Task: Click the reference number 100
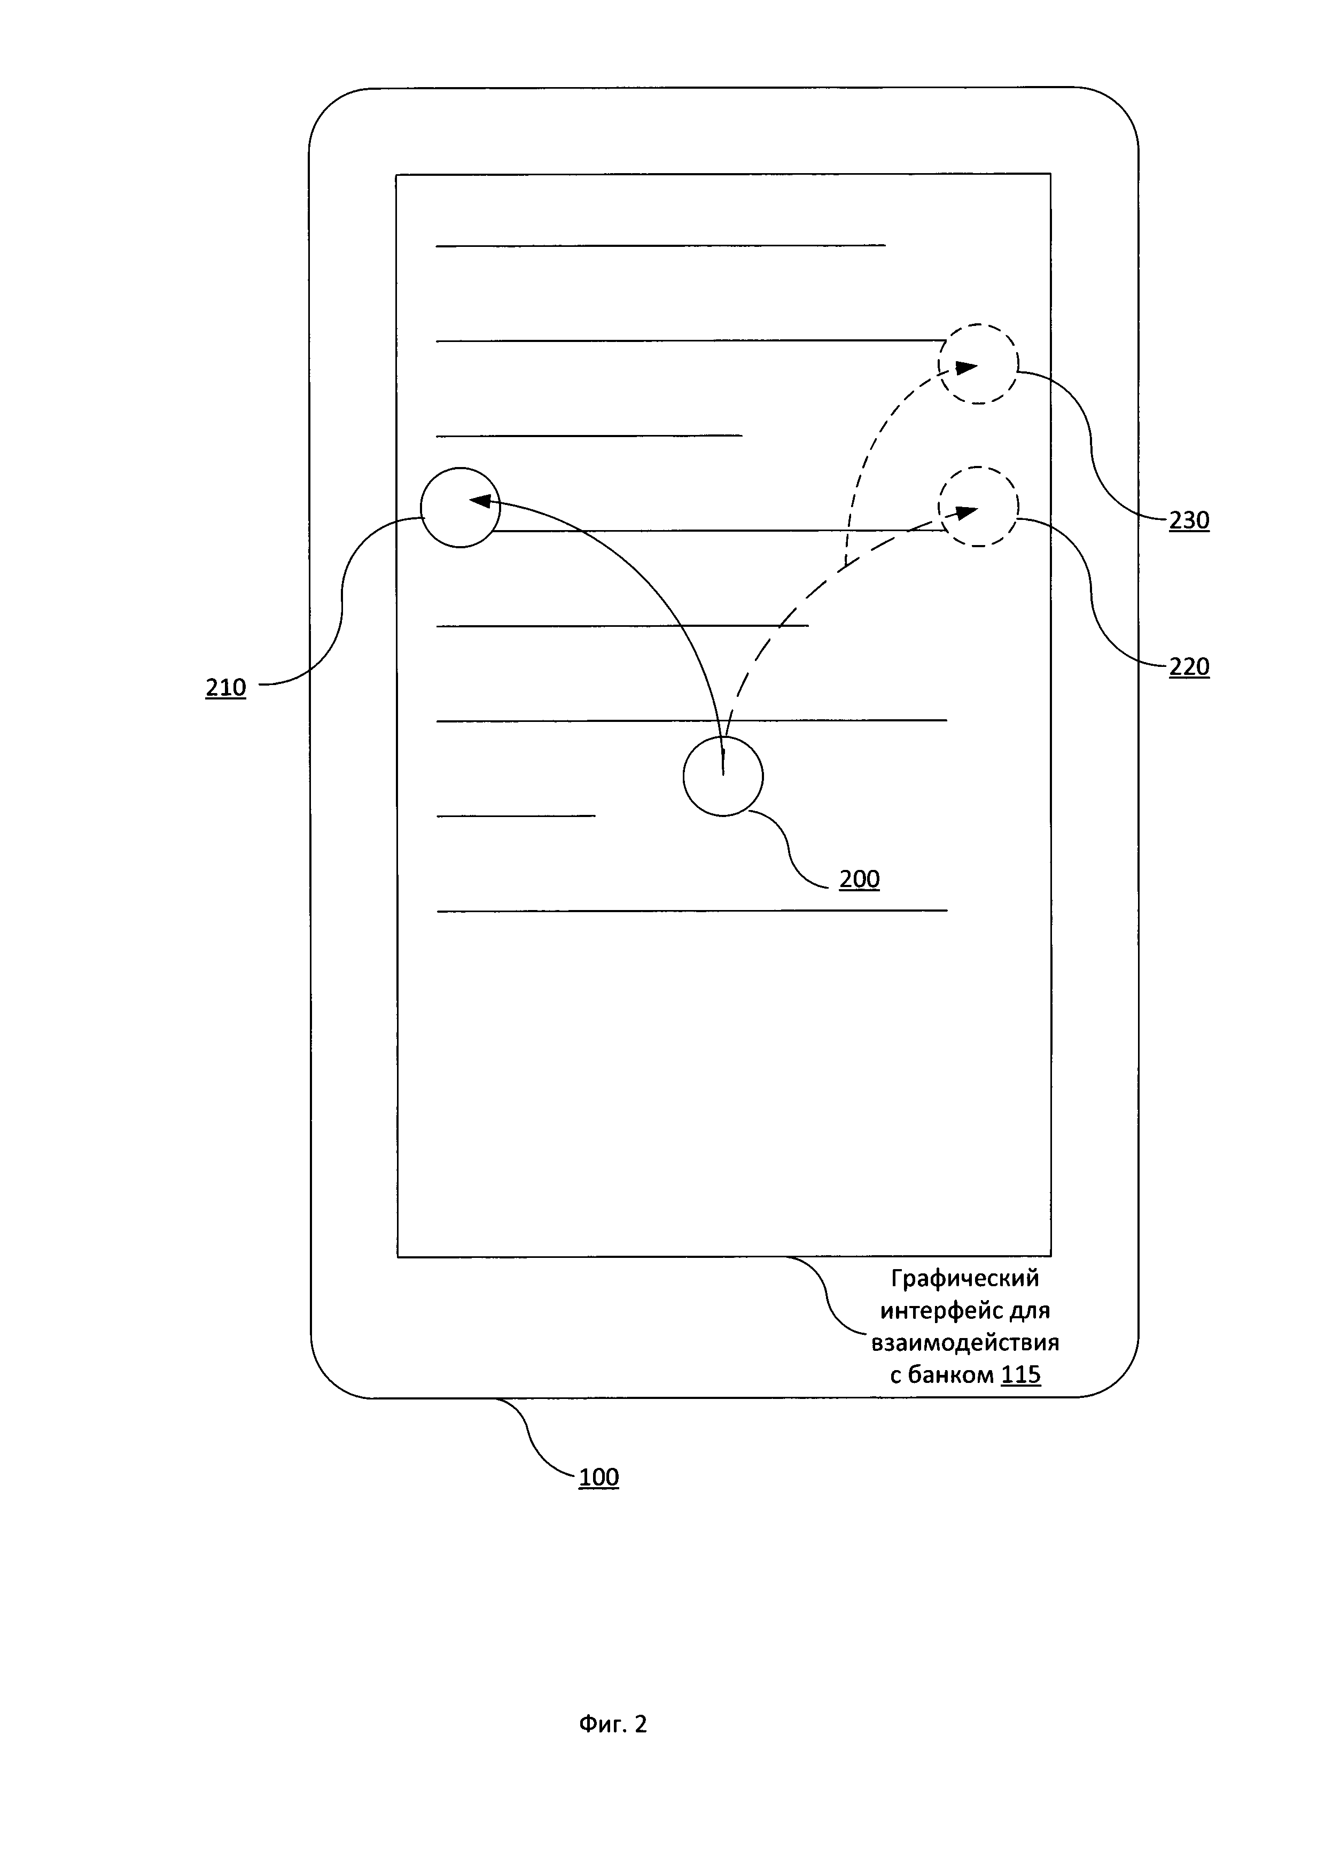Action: tap(599, 1478)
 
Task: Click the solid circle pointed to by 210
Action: tap(460, 508)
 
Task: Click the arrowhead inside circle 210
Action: tap(485, 501)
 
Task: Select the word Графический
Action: tap(964, 1278)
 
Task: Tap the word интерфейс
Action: tap(925, 1311)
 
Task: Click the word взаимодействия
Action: tap(965, 1343)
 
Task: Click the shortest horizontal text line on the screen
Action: tap(517, 815)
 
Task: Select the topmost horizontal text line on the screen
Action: tap(661, 245)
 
